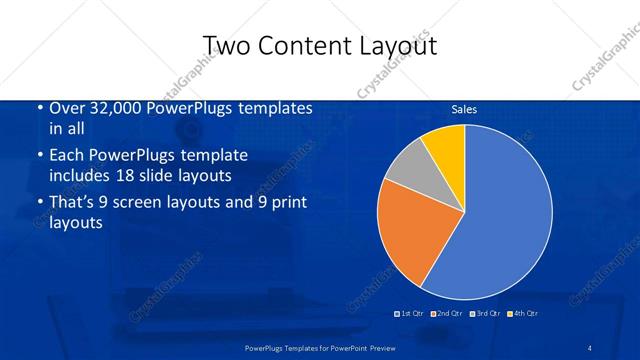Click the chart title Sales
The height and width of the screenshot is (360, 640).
[x=464, y=108]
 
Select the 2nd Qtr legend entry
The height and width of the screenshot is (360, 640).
[x=446, y=314]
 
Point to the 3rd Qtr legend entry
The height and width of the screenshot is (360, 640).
[x=484, y=314]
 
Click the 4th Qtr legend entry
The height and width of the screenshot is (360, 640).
[x=521, y=314]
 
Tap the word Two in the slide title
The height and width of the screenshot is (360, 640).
[x=225, y=46]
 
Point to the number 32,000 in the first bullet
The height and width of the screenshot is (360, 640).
[x=113, y=108]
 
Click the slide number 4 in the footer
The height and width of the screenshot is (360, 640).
[x=590, y=347]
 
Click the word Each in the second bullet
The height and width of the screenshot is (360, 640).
[x=66, y=156]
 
